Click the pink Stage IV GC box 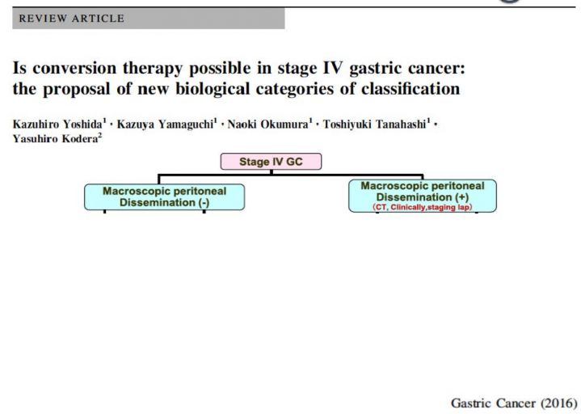click(271, 162)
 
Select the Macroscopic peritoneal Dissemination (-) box click(165, 196)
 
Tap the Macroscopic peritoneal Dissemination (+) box click(423, 196)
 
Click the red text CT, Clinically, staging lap click(423, 207)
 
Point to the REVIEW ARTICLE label click(71, 19)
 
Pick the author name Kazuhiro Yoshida click(57, 124)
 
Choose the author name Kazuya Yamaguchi click(166, 124)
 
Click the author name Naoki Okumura click(267, 124)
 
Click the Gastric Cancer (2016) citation click(514, 403)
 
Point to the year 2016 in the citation click(559, 403)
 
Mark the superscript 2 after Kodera click(99, 136)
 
